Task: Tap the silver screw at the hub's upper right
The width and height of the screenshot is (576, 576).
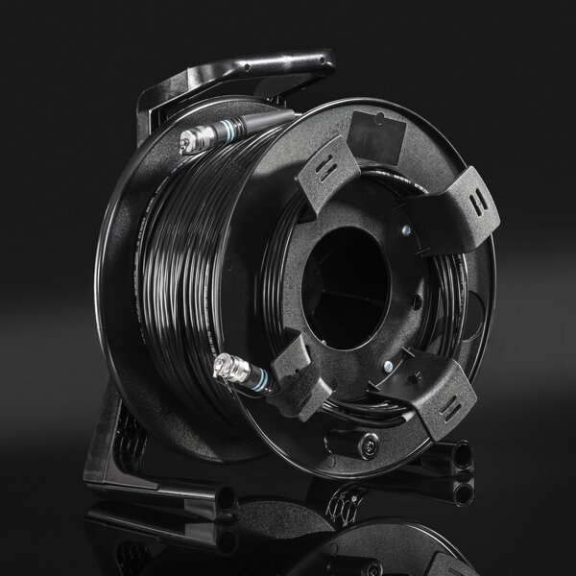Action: [x=409, y=229]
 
